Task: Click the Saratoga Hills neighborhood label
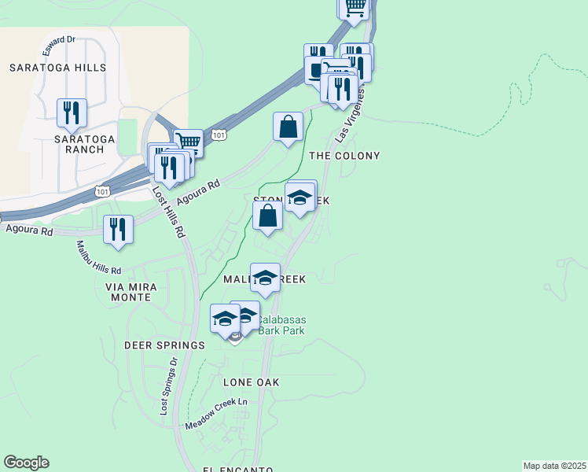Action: pos(57,68)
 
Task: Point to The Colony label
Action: pos(344,156)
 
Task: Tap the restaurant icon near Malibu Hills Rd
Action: pos(118,229)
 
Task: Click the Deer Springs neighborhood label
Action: pos(164,345)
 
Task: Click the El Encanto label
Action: pos(238,470)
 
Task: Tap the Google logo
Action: pos(26,463)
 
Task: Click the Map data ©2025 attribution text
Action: pos(555,466)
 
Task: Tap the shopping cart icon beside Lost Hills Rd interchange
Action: pos(188,143)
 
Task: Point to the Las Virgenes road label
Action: pos(351,116)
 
